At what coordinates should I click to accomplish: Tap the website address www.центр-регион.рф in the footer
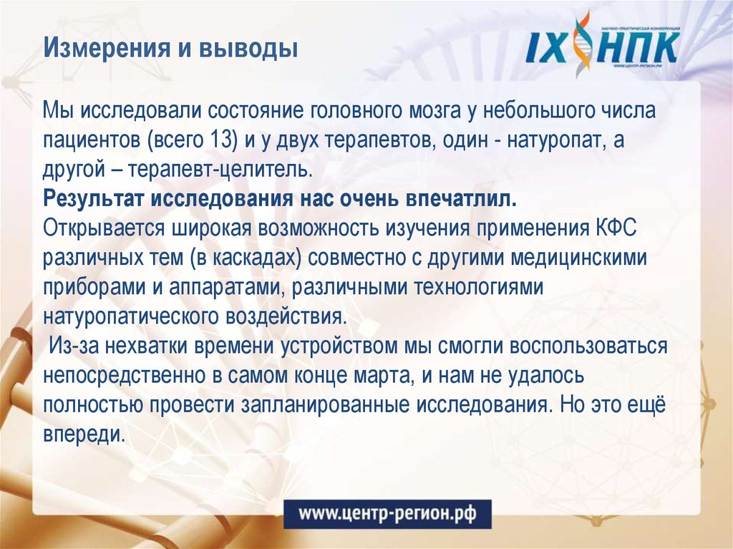click(387, 513)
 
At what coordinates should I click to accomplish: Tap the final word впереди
click(84, 434)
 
